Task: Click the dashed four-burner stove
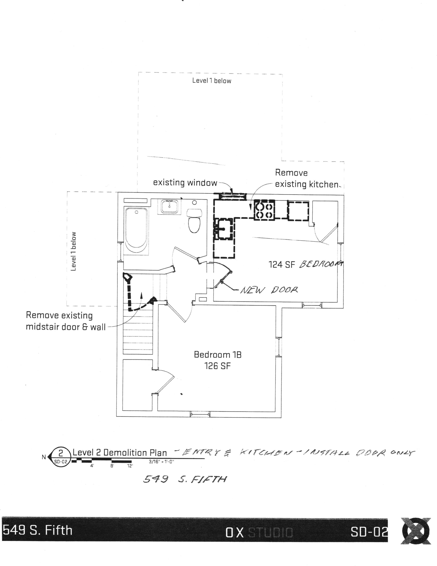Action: (264, 210)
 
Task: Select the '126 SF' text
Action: (218, 366)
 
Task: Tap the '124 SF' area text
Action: (282, 265)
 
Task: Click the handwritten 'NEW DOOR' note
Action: (269, 290)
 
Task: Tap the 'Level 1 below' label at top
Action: (212, 81)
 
